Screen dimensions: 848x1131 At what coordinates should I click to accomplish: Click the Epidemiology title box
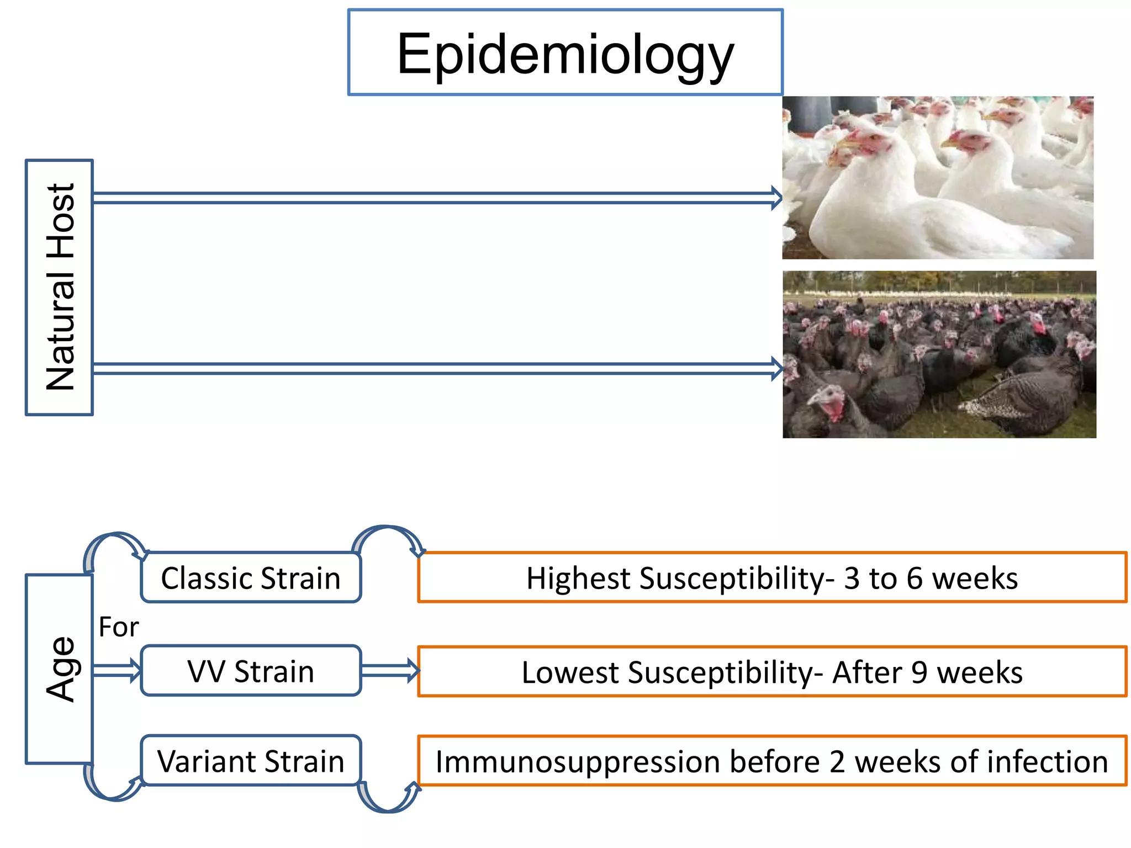[x=565, y=52]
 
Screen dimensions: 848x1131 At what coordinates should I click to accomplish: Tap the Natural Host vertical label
[x=59, y=287]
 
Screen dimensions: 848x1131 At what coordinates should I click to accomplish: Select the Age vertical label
[x=59, y=669]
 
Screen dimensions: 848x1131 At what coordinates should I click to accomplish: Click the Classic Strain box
[x=251, y=578]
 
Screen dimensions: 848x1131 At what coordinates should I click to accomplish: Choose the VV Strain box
[x=251, y=671]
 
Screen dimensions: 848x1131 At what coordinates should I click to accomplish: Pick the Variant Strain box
[x=251, y=761]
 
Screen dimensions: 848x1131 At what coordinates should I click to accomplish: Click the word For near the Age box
[x=118, y=627]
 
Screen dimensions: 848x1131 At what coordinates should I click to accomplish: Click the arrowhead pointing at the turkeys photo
[x=776, y=368]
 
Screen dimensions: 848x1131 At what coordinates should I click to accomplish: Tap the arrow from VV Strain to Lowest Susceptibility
[x=389, y=671]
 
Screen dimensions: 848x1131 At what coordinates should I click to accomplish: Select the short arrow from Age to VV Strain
[x=117, y=671]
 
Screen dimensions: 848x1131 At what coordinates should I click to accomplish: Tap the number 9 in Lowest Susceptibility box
[x=919, y=672]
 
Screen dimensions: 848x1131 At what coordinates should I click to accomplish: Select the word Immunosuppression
[x=577, y=762]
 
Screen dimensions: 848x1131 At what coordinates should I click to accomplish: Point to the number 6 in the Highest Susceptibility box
[x=915, y=579]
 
